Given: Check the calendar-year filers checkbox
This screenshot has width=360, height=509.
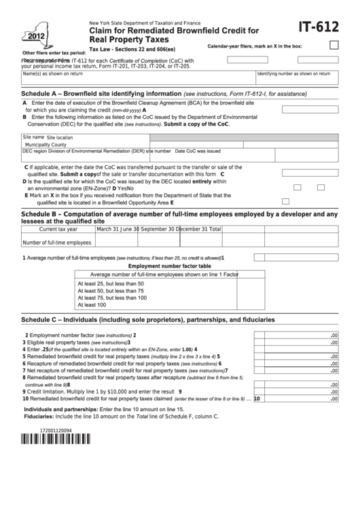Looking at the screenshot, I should (334, 46).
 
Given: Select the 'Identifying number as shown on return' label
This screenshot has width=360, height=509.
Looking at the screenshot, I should (293, 73).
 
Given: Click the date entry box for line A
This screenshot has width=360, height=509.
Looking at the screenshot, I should (310, 109).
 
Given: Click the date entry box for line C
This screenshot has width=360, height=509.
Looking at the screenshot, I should (310, 174).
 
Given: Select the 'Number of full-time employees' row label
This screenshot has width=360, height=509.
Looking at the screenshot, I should (57, 243).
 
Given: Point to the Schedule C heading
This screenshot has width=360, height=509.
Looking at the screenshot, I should (148, 319).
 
